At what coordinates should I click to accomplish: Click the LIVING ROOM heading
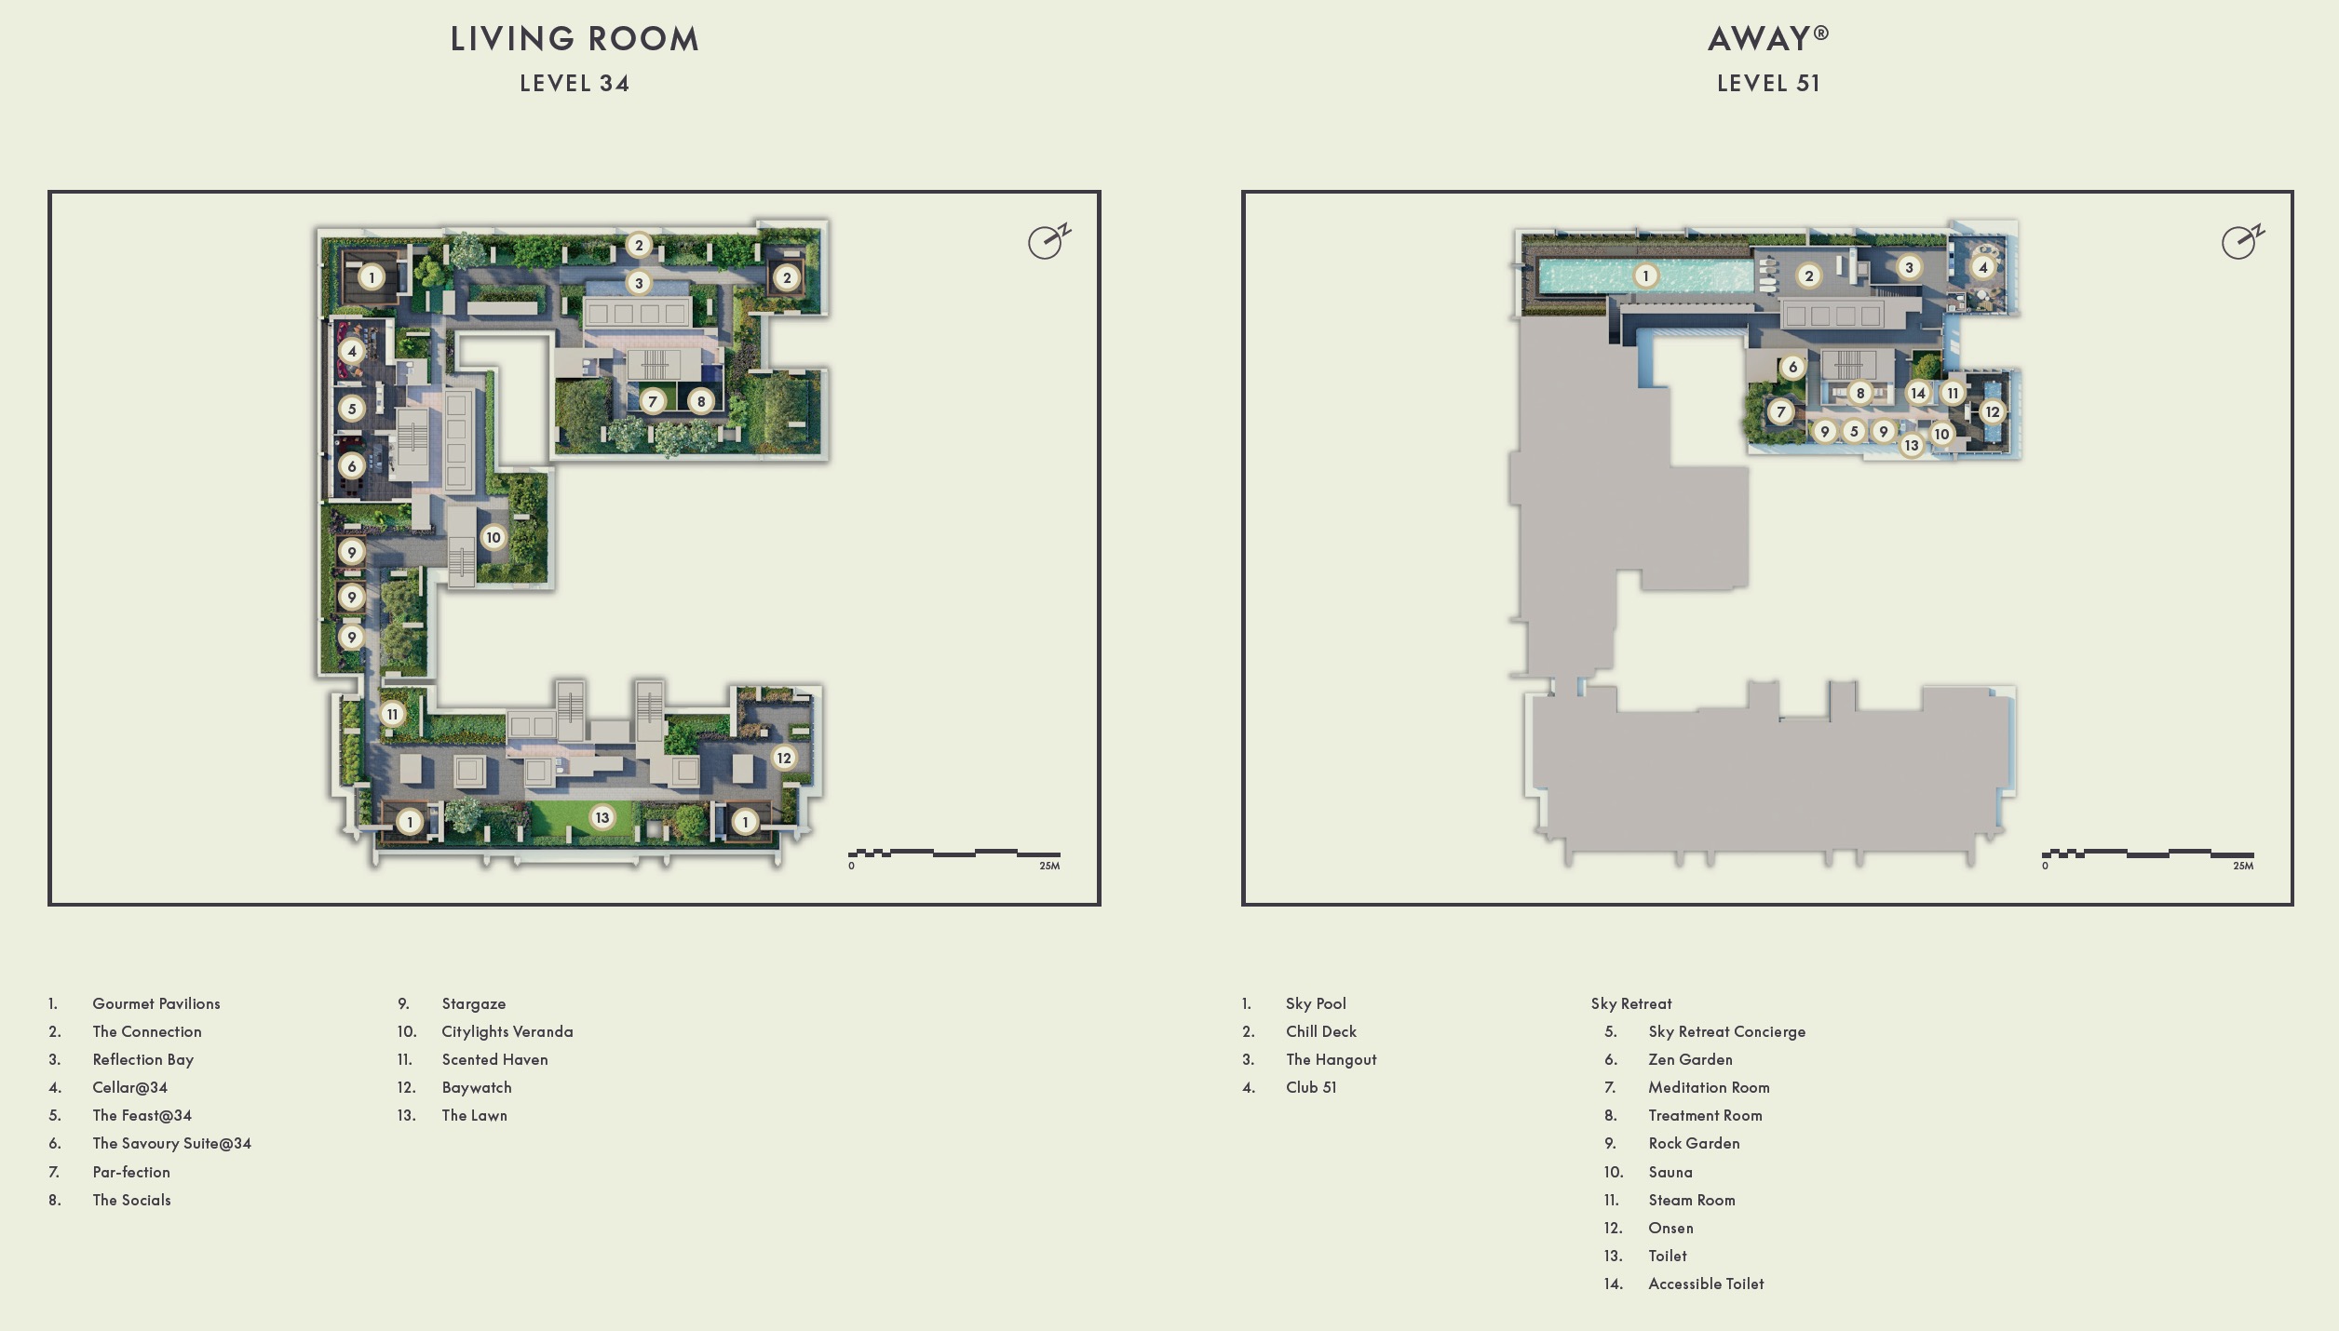click(575, 39)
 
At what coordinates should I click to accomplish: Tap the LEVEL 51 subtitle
click(1767, 84)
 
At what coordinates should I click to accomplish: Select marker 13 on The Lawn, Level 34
click(602, 817)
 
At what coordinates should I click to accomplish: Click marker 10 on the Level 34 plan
click(493, 537)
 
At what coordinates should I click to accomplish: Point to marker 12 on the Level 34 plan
click(783, 758)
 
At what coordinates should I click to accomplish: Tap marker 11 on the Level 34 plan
click(392, 714)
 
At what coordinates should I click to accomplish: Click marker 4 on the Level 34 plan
click(351, 351)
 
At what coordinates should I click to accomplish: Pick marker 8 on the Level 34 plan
click(700, 401)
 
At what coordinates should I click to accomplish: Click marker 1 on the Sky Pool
click(1645, 276)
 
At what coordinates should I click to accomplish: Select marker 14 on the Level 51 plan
click(1917, 393)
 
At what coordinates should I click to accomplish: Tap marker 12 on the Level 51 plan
click(1992, 411)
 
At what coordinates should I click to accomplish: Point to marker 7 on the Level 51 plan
click(1780, 411)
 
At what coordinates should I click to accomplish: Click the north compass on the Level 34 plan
click(1048, 241)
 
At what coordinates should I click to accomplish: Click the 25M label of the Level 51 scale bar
click(2242, 866)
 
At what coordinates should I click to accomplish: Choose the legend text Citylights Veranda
click(507, 1031)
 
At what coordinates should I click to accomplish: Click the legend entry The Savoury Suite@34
click(171, 1143)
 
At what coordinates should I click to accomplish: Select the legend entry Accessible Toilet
click(1705, 1284)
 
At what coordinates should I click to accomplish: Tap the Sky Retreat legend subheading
click(1630, 1003)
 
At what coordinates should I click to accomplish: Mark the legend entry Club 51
click(1310, 1087)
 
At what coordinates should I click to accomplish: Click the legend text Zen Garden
click(1689, 1059)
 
